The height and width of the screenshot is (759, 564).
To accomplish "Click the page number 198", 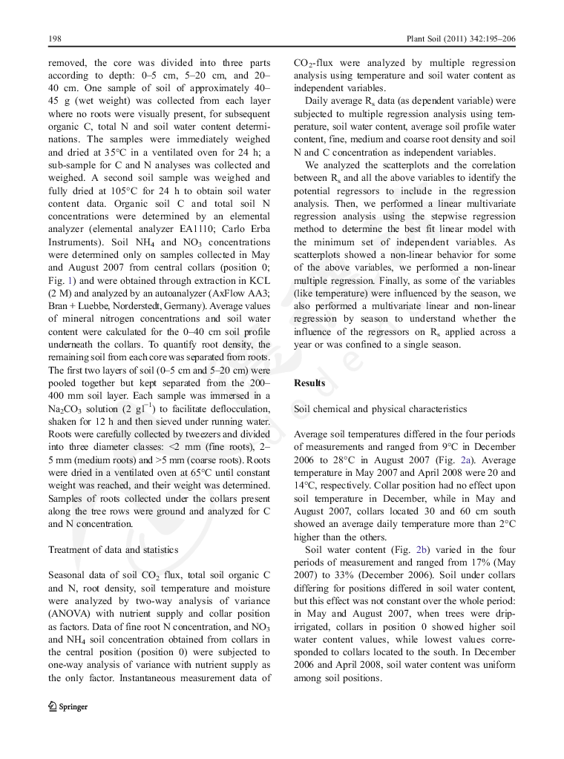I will tap(54, 37).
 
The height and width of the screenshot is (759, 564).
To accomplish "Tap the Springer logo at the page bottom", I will tap(68, 706).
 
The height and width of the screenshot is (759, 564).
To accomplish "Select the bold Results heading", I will tap(309, 382).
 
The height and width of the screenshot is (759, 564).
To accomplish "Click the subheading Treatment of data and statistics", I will tap(113, 549).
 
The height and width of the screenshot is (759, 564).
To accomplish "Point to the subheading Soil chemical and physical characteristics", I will tap(381, 408).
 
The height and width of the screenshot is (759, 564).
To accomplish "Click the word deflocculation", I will tap(234, 409).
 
